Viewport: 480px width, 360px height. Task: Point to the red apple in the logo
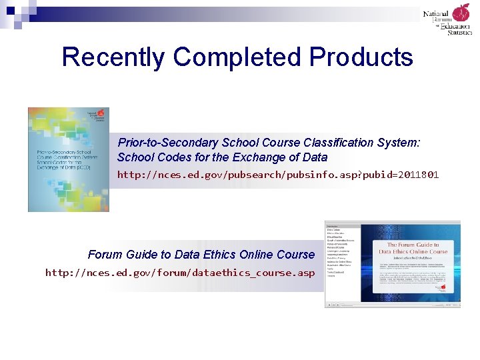[461, 13]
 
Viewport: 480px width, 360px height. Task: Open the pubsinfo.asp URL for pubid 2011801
[277, 175]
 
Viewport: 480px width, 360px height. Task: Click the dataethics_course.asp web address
[179, 273]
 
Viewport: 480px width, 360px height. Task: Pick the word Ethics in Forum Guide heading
[227, 255]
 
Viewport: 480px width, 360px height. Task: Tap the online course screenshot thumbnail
[392, 264]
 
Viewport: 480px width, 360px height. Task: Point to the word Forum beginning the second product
[104, 255]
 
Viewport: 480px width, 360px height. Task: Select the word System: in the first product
[397, 143]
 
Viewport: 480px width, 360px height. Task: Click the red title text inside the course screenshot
[413, 249]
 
